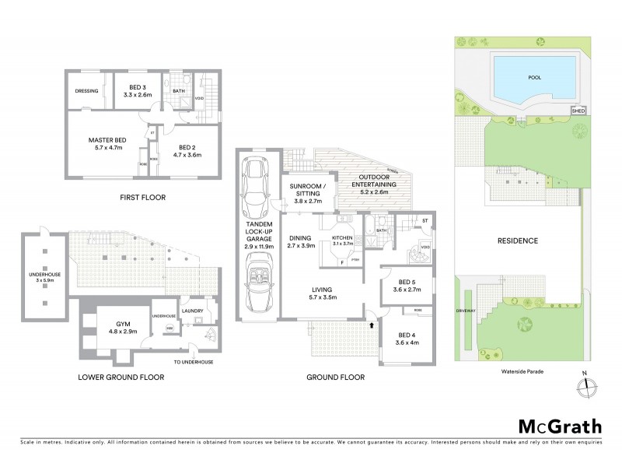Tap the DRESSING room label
pyautogui.click(x=87, y=91)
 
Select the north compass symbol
pyautogui.click(x=585, y=385)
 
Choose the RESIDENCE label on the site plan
pyautogui.click(x=518, y=241)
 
